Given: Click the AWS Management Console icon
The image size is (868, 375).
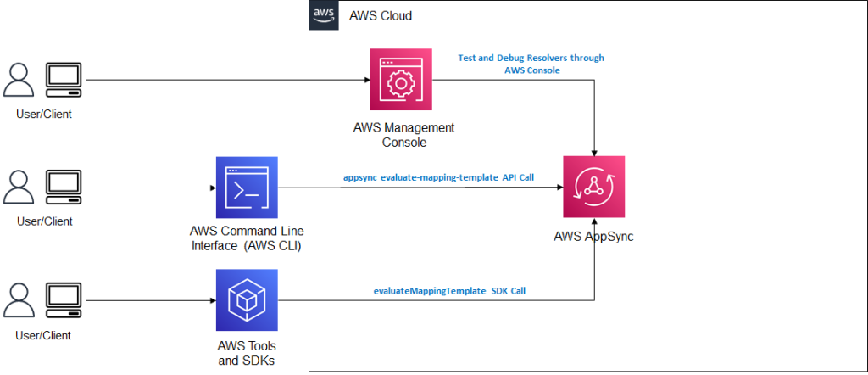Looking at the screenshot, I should click(402, 81).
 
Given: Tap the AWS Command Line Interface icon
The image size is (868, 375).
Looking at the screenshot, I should click(247, 187).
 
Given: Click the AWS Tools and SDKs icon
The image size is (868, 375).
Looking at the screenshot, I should click(247, 300).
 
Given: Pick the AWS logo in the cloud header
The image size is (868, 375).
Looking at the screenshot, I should click(323, 15).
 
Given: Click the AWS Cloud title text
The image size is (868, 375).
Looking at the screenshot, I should click(381, 16).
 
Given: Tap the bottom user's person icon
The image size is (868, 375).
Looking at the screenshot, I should click(19, 301).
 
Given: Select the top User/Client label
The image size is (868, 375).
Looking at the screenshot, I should click(43, 115).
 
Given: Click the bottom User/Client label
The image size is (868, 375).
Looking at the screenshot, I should click(43, 335).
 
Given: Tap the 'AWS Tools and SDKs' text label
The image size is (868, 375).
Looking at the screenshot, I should click(247, 353).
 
